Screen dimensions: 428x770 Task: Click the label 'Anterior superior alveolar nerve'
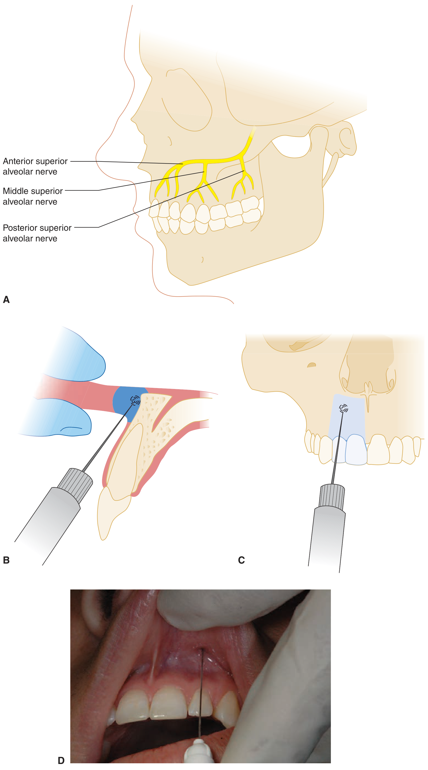tap(35, 166)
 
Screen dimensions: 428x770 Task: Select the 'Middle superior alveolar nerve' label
tap(33, 196)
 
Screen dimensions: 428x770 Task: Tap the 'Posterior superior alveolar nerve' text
tap(37, 233)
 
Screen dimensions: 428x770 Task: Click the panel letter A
tap(6, 299)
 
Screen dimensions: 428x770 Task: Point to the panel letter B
tap(6, 560)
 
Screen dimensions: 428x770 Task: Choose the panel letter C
tap(241, 560)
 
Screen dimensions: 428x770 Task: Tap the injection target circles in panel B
tap(135, 400)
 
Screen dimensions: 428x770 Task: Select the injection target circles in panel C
tap(343, 408)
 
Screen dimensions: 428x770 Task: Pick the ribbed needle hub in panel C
tap(332, 496)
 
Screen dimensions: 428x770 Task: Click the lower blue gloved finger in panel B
tap(57, 418)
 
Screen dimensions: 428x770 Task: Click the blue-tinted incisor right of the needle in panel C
tap(356, 450)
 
